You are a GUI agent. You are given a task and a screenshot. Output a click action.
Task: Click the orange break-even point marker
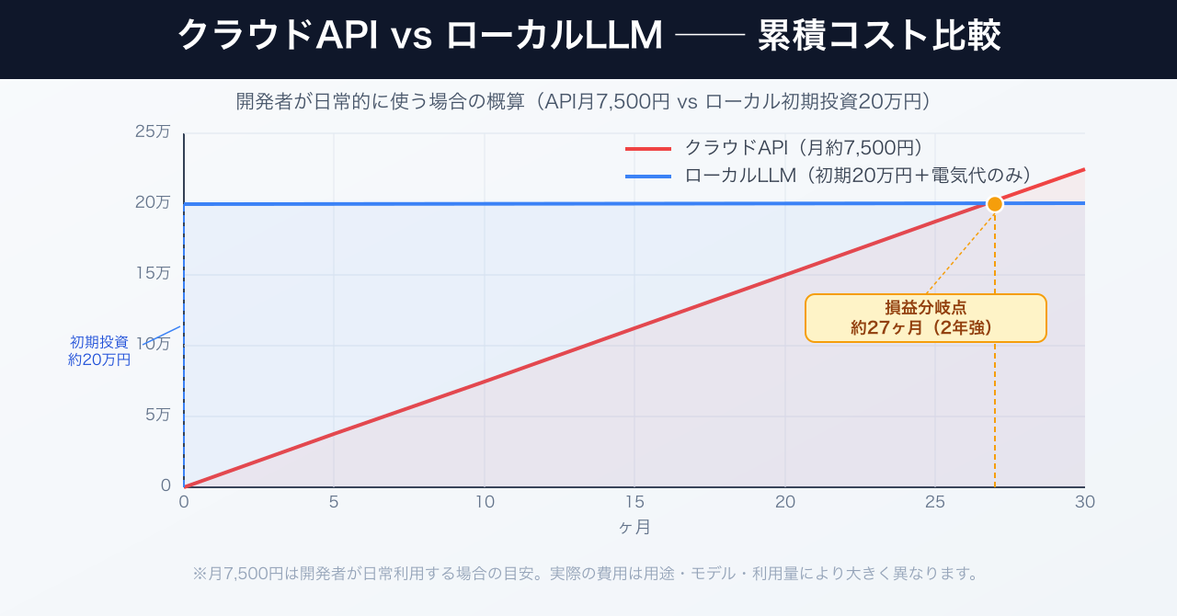pos(994,203)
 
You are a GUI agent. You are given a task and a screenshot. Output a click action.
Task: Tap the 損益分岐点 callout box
pos(925,318)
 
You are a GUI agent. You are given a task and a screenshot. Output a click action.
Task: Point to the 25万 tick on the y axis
pos(153,131)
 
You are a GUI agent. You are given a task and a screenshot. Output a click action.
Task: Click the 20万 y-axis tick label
pos(153,202)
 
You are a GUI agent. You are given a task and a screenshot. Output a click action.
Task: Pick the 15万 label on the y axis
pos(153,273)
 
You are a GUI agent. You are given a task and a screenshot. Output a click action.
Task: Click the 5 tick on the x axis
pos(334,502)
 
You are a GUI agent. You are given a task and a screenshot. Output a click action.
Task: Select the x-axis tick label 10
pos(484,502)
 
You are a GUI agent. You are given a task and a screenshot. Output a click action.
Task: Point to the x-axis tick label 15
pos(634,502)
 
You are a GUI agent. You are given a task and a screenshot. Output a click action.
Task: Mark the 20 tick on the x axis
pos(784,502)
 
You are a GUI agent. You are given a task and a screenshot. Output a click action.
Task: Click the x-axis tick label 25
pos(934,502)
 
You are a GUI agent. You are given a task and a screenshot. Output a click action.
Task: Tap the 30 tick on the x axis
pos(1084,502)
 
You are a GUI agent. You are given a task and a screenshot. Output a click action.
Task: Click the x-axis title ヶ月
pos(634,528)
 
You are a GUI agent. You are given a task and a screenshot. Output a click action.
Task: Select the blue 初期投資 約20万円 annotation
pos(99,350)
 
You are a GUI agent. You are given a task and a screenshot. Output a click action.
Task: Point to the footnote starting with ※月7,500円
pos(585,574)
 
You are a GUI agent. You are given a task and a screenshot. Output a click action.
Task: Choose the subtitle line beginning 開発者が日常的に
pos(584,102)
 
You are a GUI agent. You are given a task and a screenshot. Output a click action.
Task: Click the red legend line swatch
pos(649,148)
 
